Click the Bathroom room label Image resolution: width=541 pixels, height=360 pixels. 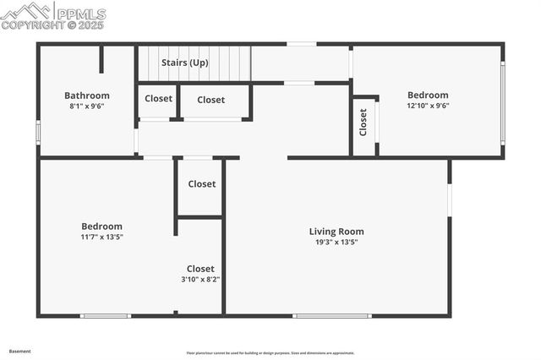(x=87, y=95)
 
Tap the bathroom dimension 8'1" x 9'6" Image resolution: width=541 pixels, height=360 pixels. (x=87, y=106)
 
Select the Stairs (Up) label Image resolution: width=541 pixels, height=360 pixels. (x=185, y=63)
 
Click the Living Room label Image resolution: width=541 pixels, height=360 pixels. (x=336, y=232)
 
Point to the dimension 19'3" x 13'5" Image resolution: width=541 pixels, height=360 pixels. (x=336, y=243)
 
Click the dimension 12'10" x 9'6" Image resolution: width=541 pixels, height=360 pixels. (x=428, y=106)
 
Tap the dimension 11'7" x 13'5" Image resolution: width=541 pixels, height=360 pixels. (x=101, y=237)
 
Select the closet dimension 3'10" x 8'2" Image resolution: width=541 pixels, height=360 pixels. (x=200, y=280)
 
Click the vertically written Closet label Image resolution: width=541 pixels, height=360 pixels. (x=363, y=123)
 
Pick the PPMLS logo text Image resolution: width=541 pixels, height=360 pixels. (x=79, y=14)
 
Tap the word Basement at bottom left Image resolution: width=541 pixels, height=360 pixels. (x=20, y=351)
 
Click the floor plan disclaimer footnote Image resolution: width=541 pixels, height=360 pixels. (x=270, y=353)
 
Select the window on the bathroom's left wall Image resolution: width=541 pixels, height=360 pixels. (x=38, y=133)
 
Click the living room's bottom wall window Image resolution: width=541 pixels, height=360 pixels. (x=331, y=316)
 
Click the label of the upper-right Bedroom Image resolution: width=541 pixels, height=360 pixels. (x=428, y=95)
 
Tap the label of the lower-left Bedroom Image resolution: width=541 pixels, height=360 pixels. (x=101, y=226)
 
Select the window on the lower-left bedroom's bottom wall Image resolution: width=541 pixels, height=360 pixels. (x=106, y=316)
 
